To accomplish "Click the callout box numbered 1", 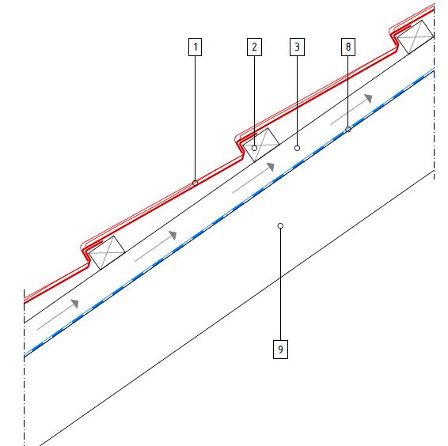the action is tap(196, 47).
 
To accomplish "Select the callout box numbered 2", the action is tap(254, 47).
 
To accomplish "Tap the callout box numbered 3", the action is tap(297, 47).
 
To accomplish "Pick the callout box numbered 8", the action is tap(348, 47).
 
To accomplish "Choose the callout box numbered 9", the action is tap(280, 350).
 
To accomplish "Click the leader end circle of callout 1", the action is tap(196, 183).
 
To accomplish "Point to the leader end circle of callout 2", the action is tap(254, 148).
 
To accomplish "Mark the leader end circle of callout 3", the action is tap(297, 148).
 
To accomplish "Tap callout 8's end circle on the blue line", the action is tap(348, 130).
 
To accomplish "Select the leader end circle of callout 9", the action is tap(280, 226).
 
